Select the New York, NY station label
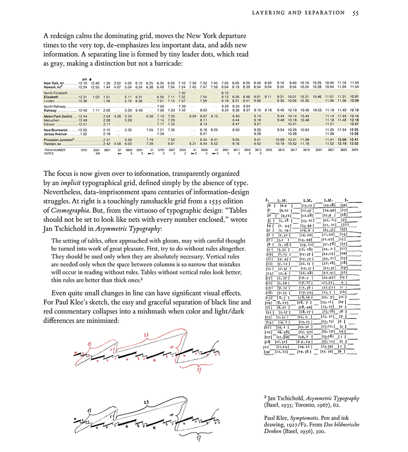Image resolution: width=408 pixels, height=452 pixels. click(53, 83)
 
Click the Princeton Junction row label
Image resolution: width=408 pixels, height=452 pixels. click(60, 140)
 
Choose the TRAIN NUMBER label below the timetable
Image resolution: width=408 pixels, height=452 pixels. click(54, 150)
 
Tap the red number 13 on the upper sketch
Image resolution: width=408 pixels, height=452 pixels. click(89, 342)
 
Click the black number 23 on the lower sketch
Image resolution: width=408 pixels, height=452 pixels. click(147, 402)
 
